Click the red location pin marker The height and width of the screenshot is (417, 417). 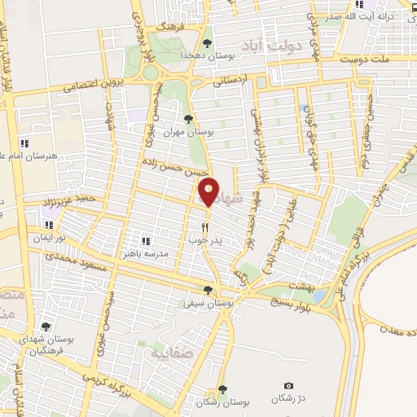[x=209, y=192]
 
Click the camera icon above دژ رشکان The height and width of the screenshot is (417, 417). [x=288, y=386]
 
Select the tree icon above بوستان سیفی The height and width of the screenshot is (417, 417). [x=209, y=289]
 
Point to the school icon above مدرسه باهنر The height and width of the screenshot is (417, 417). [x=147, y=241]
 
